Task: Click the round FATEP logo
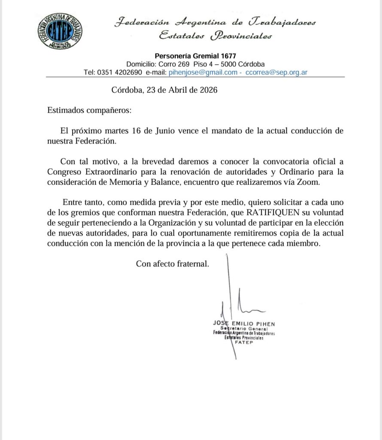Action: tap(60, 31)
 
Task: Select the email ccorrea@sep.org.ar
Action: tap(276, 73)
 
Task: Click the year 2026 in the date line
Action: tap(208, 90)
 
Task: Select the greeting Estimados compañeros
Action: tap(89, 110)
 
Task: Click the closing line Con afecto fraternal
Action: tap(173, 264)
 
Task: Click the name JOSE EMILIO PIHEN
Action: tap(244, 323)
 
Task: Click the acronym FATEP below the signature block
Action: tap(243, 342)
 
